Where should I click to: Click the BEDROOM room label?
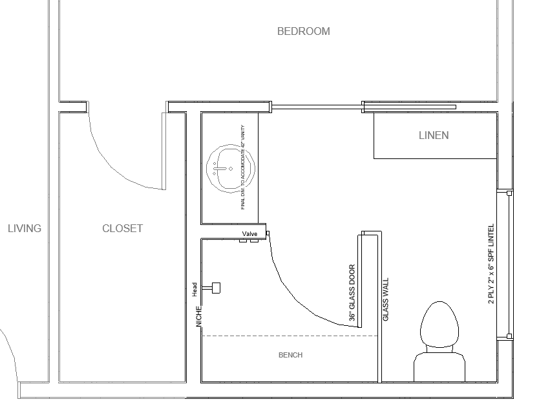(303, 32)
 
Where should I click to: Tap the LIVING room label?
(25, 228)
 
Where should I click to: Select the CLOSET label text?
(122, 228)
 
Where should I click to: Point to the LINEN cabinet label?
(434, 136)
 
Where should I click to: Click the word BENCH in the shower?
(290, 355)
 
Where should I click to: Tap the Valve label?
(249, 234)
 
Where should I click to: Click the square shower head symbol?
(216, 288)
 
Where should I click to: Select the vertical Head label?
(195, 290)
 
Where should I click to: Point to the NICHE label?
(199, 316)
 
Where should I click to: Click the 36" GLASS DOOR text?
(352, 293)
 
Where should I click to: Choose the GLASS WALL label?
(385, 299)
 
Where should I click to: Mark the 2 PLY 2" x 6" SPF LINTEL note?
(491, 264)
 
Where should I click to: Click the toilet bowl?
(439, 324)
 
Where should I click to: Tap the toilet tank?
(439, 367)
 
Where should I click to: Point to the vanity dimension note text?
(243, 167)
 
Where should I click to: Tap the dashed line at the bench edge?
(290, 336)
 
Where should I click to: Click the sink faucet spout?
(220, 169)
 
